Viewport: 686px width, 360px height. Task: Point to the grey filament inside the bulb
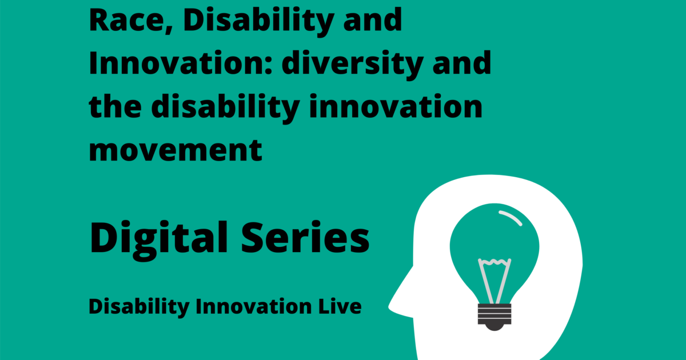(x=493, y=280)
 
